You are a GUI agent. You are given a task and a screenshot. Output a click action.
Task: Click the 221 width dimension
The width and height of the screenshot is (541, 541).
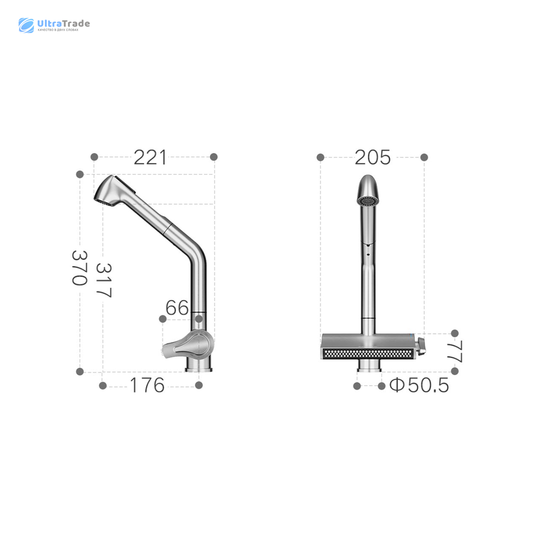point(150,157)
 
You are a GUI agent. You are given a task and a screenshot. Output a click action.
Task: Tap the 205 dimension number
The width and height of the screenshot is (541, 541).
point(373,158)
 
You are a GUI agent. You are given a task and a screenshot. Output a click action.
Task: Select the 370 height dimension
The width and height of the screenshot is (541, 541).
point(79,268)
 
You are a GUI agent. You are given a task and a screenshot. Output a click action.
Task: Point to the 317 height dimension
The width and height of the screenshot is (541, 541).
point(104,280)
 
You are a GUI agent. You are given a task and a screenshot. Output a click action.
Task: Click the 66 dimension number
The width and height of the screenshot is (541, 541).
point(177,308)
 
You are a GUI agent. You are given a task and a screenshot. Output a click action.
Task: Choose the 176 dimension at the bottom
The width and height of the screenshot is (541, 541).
point(147,385)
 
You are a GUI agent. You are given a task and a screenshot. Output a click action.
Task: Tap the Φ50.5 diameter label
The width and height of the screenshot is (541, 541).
point(419,385)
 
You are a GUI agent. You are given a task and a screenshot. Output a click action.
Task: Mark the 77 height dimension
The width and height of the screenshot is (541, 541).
point(455,352)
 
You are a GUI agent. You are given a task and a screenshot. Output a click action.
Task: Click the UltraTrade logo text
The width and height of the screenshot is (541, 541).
point(64,24)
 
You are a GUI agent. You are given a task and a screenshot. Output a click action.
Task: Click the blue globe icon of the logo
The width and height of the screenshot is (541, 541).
point(26,25)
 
